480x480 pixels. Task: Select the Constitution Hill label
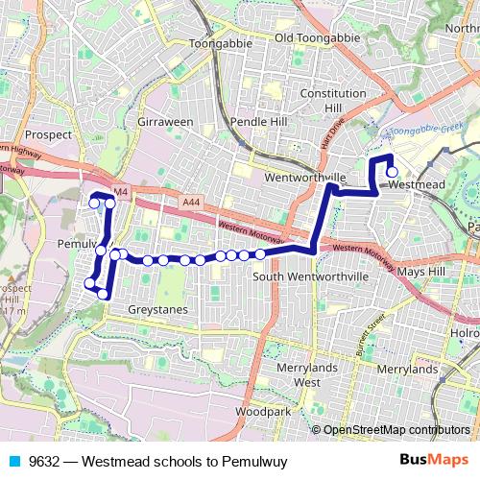click(333, 101)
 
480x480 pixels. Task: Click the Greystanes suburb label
click(158, 310)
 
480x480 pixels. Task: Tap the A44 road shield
click(190, 203)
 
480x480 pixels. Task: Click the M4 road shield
click(120, 193)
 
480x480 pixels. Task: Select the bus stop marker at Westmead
click(392, 172)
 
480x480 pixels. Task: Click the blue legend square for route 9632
click(12, 461)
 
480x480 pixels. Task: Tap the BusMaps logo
click(442, 461)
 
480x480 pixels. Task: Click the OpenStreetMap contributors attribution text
click(396, 430)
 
